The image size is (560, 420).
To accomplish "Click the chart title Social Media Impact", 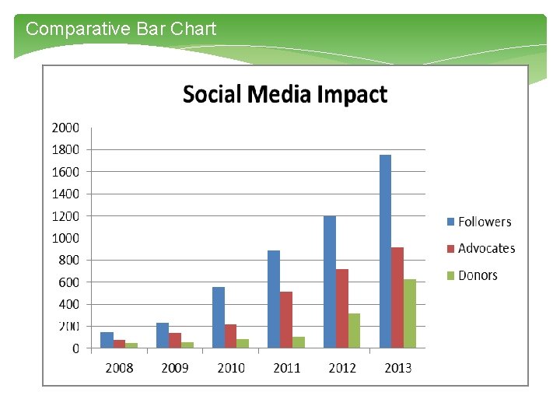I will point(285,95).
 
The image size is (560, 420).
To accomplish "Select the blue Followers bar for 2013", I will point(385,251).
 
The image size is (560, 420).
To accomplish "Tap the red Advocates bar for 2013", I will point(397,298).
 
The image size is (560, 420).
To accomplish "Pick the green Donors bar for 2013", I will point(410,313).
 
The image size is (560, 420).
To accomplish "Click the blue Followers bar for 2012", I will point(330,282).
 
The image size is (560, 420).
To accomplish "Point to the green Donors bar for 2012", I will point(354,331).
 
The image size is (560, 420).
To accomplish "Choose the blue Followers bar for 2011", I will point(274,299).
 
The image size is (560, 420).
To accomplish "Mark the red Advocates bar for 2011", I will point(286,320).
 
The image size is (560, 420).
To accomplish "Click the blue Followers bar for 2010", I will point(219,317).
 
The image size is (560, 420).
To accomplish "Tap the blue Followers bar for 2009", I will point(163,335).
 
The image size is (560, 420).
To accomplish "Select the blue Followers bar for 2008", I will point(107,340).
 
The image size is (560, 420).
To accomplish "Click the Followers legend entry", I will point(478,222).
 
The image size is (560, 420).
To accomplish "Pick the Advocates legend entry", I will point(480,248).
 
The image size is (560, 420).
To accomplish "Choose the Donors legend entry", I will point(471,275).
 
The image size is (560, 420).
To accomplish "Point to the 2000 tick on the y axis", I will point(65,128).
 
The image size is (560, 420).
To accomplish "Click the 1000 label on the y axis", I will point(65,238).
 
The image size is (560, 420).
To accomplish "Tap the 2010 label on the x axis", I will point(231,368).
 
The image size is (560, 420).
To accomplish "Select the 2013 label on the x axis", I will point(398,368).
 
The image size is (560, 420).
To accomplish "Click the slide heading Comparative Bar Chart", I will point(121,30).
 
